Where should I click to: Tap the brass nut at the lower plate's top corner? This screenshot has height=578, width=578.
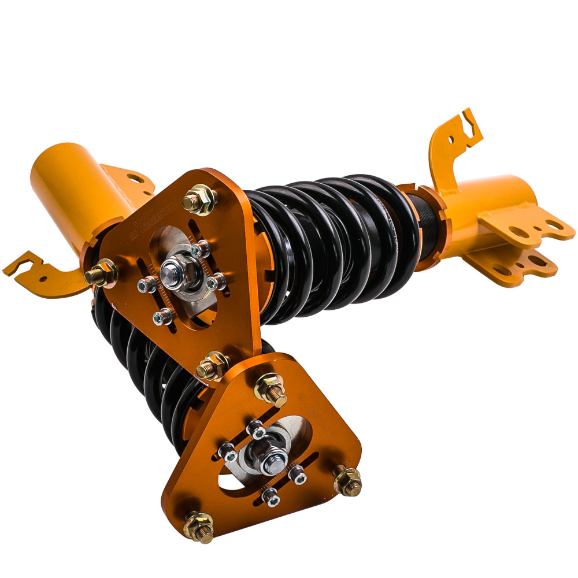click(271, 389)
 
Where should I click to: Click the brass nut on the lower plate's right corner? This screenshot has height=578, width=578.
click(347, 480)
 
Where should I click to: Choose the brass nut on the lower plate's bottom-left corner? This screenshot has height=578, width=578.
click(198, 527)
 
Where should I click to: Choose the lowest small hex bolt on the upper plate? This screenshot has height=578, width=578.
click(164, 316)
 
